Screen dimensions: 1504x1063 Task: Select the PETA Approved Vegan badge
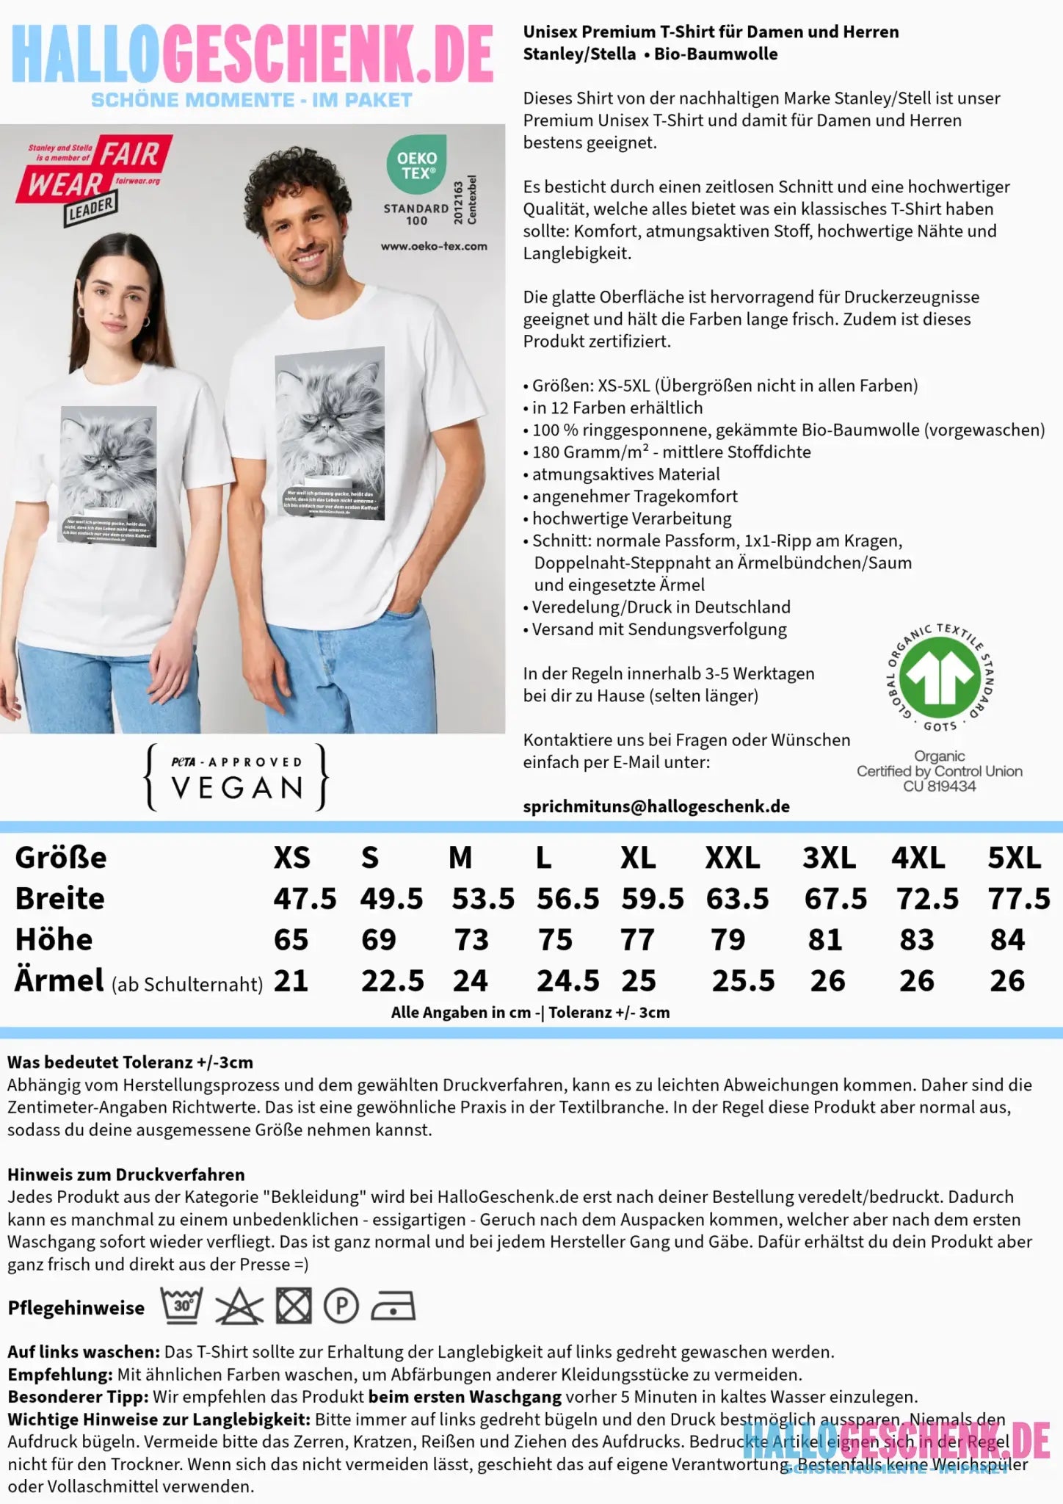tap(237, 778)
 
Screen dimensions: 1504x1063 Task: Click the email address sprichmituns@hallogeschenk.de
tap(656, 806)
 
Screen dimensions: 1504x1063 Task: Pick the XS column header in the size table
tap(291, 857)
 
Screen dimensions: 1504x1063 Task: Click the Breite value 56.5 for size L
tap(567, 898)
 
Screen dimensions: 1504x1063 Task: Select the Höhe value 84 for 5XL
tap(1006, 939)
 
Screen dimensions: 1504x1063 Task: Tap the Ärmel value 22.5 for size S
tap(392, 980)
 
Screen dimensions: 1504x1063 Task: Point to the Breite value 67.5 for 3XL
tap(835, 898)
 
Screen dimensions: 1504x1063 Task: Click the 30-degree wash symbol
tap(181, 1306)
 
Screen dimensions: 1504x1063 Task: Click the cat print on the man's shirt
tap(330, 433)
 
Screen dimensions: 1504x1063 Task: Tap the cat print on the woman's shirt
tap(109, 474)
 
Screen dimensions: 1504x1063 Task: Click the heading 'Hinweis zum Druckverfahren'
tap(126, 1174)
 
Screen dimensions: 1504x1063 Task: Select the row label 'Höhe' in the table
tap(54, 939)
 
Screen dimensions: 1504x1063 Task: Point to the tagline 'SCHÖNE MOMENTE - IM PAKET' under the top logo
tap(252, 101)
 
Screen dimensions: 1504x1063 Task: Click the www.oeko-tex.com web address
tap(434, 246)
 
